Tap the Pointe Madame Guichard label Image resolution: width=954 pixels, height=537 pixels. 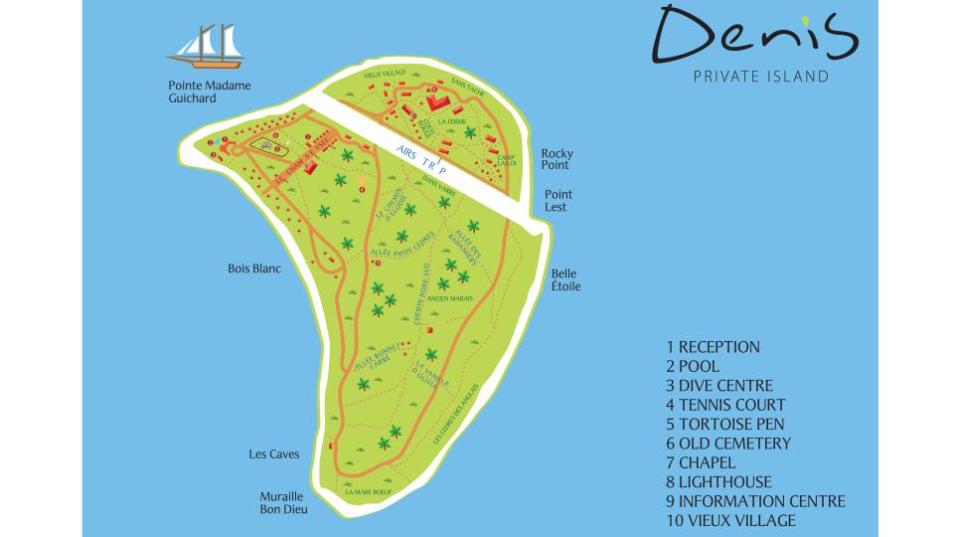click(210, 92)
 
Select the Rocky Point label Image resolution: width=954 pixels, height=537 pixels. click(556, 161)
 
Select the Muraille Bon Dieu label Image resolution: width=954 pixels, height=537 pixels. click(284, 502)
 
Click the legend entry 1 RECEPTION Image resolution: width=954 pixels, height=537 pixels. click(713, 347)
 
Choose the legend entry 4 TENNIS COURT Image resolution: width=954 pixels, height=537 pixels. click(725, 405)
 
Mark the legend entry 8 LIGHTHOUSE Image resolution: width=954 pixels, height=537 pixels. click(718, 482)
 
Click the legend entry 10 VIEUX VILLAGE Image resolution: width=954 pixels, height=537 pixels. click(730, 520)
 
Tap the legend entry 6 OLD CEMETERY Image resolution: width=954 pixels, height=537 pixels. click(728, 444)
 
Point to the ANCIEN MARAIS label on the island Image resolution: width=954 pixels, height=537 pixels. click(460, 297)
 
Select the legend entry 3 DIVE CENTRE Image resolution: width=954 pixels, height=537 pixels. click(719, 386)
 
